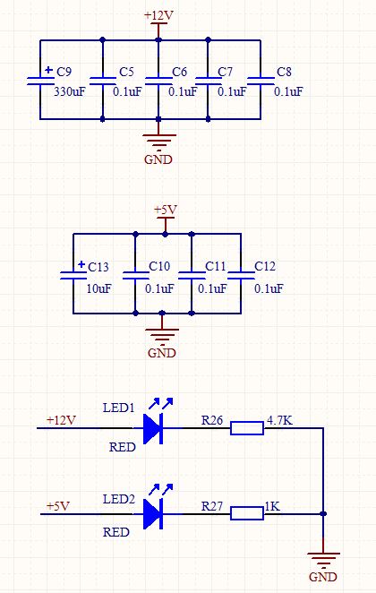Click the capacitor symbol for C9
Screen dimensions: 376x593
tap(40, 81)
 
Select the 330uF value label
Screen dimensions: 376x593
tap(70, 91)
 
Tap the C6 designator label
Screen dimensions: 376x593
tap(179, 72)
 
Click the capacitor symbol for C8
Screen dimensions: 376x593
tap(261, 81)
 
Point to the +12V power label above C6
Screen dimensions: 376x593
tap(158, 15)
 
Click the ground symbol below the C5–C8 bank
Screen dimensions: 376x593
tap(158, 142)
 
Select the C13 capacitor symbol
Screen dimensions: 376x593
tap(73, 275)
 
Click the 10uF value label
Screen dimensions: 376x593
tap(99, 288)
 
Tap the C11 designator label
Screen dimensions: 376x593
tap(215, 266)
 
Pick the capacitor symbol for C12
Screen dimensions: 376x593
tap(241, 275)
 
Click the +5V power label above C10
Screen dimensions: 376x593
tap(166, 210)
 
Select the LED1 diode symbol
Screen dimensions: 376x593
tap(153, 428)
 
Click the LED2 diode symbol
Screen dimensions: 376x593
tap(153, 513)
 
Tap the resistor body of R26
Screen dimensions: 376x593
tap(247, 428)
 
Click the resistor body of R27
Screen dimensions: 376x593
tap(247, 513)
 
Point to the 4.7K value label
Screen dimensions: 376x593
tap(279, 420)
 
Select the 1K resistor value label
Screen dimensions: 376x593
tap(272, 506)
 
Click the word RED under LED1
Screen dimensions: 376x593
tap(123, 447)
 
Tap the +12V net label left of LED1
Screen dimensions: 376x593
tap(61, 420)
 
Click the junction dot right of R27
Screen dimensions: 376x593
tap(323, 513)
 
